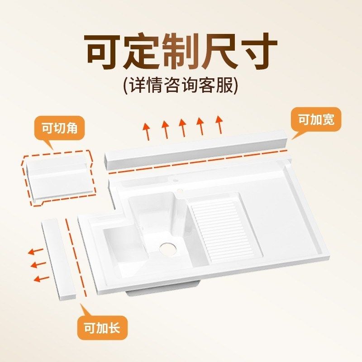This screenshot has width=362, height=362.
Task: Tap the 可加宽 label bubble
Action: coord(316,120)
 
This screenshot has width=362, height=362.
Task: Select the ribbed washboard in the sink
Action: coord(222,231)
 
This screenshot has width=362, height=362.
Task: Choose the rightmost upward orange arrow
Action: coord(219,124)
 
